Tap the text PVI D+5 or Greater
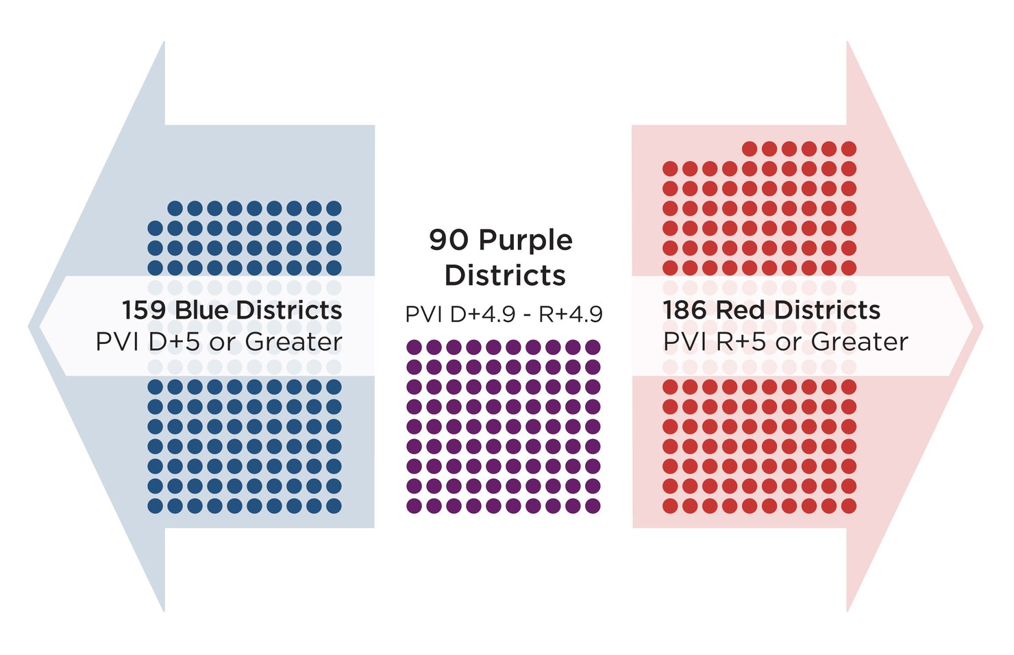point(219,341)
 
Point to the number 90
point(449,240)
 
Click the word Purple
point(525,240)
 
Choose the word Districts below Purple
point(505,275)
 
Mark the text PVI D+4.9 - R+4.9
point(504,314)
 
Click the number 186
point(685,310)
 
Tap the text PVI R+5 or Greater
point(785,341)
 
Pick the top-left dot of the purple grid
point(414,347)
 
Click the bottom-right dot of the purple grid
point(593,506)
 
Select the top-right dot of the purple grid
point(593,347)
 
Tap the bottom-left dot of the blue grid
point(156,506)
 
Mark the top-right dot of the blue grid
point(334,208)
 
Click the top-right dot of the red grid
point(849,149)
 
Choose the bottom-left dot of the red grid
point(670,506)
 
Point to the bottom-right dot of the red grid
point(849,506)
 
